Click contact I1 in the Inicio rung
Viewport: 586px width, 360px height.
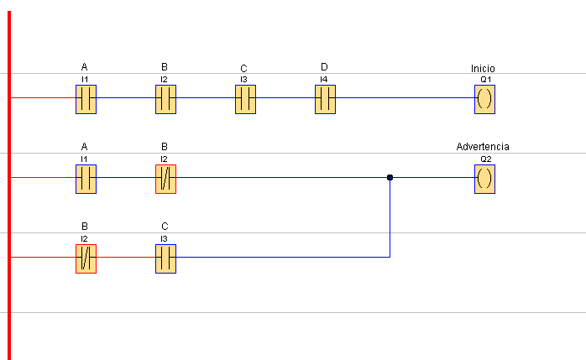86,99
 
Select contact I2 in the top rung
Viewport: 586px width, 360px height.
165,99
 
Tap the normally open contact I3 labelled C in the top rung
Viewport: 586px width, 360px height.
245,99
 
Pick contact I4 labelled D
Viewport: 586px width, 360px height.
325,99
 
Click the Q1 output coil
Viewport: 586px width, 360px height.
484,99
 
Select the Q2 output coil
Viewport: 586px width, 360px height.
484,180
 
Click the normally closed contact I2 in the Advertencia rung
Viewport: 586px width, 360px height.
165,180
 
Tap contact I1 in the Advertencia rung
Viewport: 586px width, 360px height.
86,180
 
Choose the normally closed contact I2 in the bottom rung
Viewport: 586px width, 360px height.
86,258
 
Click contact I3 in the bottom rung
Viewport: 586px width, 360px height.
165,258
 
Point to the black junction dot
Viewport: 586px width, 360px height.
390,177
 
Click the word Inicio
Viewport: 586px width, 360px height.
483,68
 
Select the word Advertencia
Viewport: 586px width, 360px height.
483,146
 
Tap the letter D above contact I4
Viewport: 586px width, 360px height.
324,67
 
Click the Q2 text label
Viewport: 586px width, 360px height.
486,159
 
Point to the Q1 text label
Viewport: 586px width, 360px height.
486,79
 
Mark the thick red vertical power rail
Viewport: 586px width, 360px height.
9,185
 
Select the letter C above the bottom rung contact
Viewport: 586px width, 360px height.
165,227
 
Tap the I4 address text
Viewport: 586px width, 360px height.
324,79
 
